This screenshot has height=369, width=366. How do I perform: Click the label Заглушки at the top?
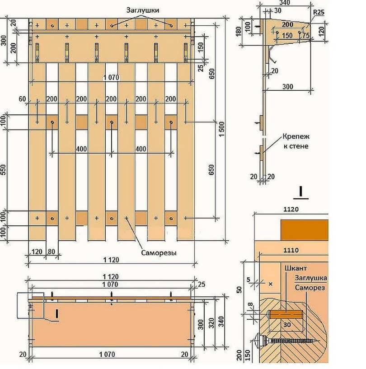(143, 10)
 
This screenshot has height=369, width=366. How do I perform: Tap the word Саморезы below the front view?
(159, 253)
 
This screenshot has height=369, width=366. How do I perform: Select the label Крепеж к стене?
(296, 141)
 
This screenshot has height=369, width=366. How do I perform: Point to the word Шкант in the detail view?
(296, 268)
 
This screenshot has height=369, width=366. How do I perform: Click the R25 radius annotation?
(319, 12)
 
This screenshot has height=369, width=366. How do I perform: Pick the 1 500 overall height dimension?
(221, 129)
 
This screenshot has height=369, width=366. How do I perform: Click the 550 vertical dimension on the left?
(3, 169)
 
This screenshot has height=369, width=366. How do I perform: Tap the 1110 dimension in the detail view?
(291, 250)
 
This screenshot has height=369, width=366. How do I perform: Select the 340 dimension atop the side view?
(285, 3)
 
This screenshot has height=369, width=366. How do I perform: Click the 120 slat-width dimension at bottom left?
(37, 252)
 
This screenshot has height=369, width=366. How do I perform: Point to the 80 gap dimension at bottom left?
(52, 252)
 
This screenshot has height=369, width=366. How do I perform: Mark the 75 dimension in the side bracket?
(306, 35)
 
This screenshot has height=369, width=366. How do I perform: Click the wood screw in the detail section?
(287, 341)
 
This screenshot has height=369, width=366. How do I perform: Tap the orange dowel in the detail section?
(285, 314)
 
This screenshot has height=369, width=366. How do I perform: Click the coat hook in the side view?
(272, 54)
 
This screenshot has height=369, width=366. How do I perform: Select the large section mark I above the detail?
(300, 192)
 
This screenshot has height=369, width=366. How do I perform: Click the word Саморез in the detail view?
(310, 288)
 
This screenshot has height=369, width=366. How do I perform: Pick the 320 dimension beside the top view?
(211, 323)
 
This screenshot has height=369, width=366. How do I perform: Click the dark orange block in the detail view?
(305, 230)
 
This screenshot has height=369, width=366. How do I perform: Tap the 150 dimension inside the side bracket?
(287, 35)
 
